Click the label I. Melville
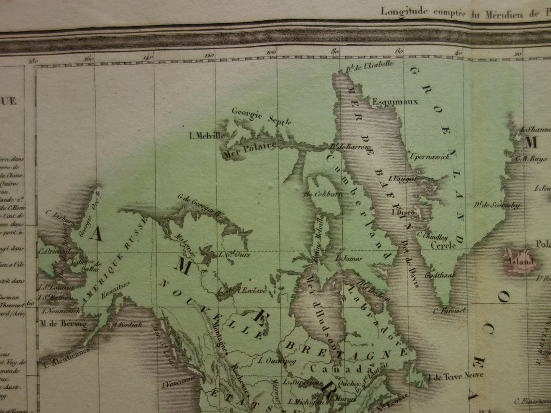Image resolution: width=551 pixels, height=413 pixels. coord(206,136)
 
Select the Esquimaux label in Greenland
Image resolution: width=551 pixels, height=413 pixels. coord(395,101)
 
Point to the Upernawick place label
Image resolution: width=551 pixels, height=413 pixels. coord(430,157)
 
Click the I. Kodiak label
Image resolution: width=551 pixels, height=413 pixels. coord(128,325)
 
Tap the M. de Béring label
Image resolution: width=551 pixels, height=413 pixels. coord(63,323)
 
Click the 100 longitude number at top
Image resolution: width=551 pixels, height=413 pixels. coord(271,52)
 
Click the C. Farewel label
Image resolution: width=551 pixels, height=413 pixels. coord(449,311)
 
